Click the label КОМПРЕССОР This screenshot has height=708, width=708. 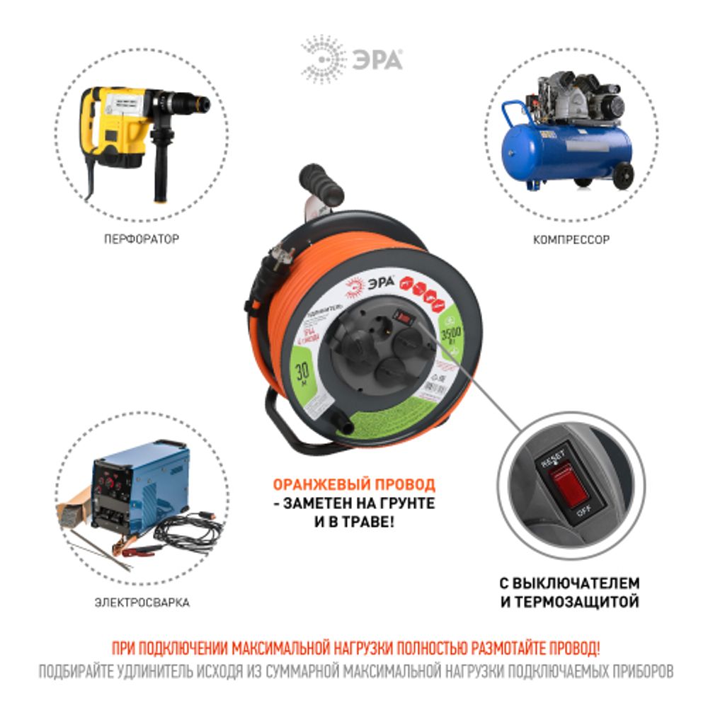coord(571,240)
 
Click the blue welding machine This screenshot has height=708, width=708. coord(135,489)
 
